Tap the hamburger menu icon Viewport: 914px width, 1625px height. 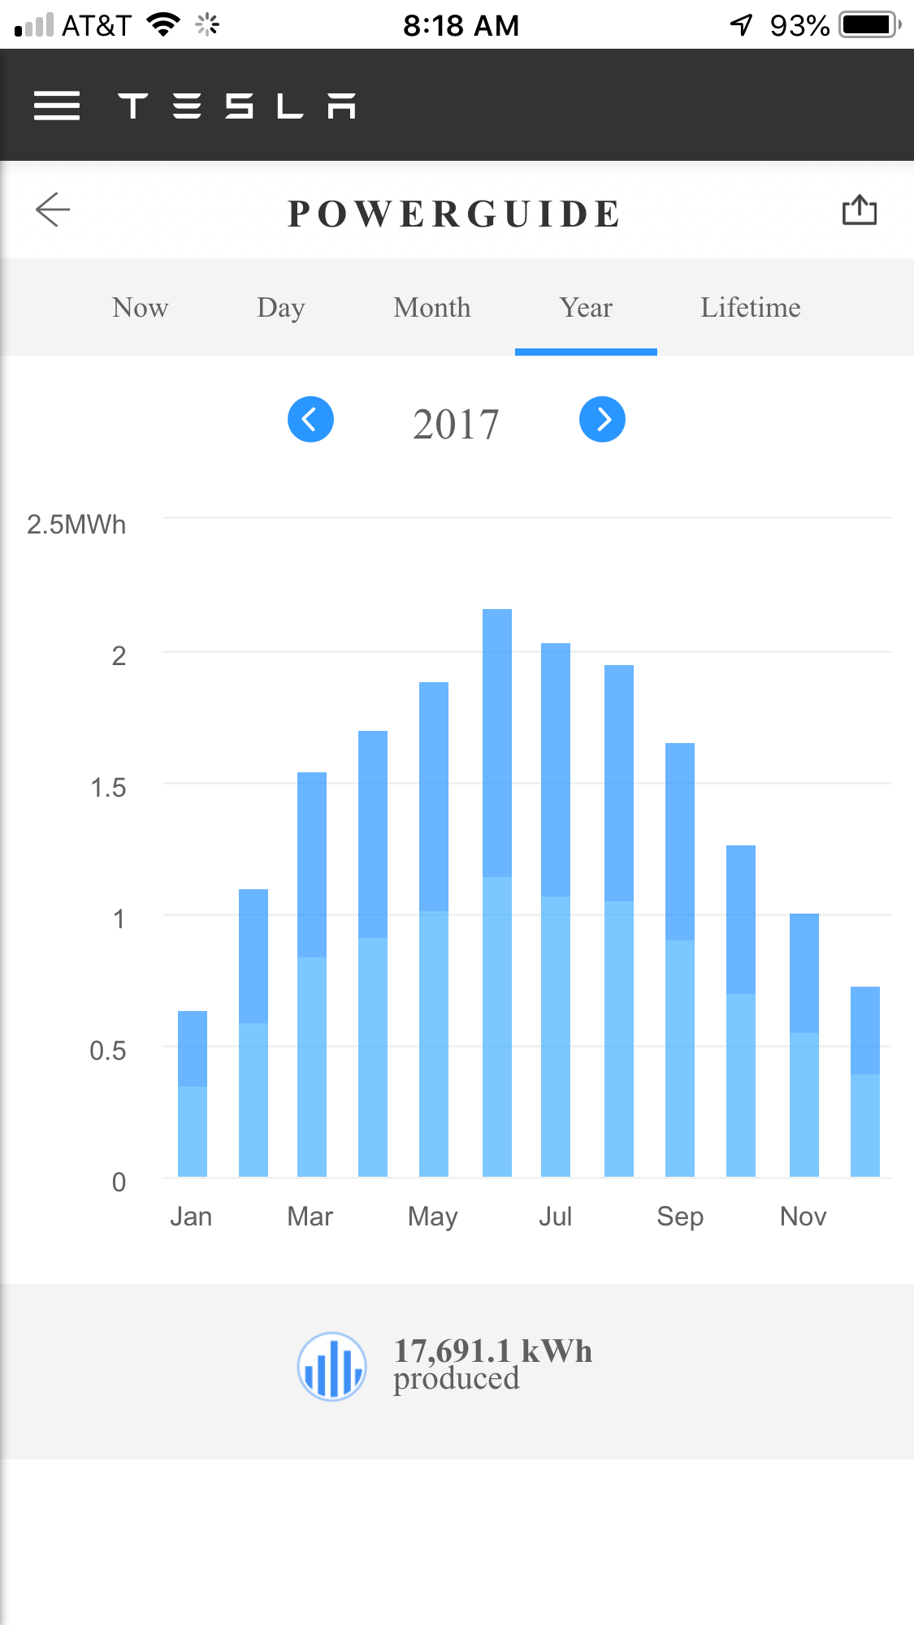[57, 106]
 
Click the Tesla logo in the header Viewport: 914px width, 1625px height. [236, 106]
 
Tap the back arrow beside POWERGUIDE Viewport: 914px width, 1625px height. [54, 210]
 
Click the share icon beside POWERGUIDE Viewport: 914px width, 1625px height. [859, 210]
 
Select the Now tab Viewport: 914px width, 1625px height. [140, 308]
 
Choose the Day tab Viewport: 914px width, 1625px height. [280, 308]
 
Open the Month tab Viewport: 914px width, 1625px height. [432, 308]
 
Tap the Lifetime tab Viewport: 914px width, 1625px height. [750, 308]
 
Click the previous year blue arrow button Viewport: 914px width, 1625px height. [310, 419]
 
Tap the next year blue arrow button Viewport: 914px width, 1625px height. [602, 419]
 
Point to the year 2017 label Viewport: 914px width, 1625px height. [456, 424]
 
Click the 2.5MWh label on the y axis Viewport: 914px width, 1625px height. [76, 525]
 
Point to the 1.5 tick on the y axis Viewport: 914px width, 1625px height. [108, 787]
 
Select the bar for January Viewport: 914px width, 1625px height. [193, 1093]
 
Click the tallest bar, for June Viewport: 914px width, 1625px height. [497, 893]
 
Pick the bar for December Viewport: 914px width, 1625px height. [864, 1081]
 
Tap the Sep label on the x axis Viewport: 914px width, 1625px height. [680, 1216]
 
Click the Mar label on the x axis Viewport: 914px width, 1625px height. [310, 1216]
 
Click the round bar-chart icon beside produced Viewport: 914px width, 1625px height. [331, 1366]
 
